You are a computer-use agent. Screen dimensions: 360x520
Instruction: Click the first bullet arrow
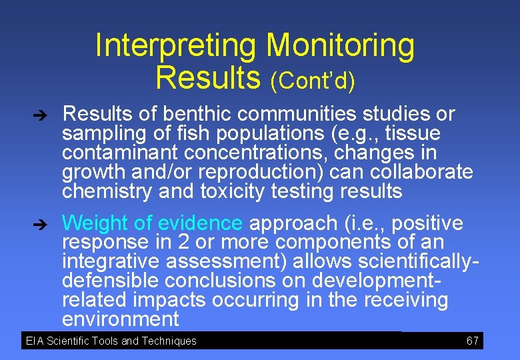pos(40,115)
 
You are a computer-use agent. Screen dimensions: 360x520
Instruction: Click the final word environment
pos(121,319)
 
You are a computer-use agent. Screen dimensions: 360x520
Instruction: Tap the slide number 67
pos(473,341)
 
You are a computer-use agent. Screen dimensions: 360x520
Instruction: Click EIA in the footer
pos(34,341)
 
